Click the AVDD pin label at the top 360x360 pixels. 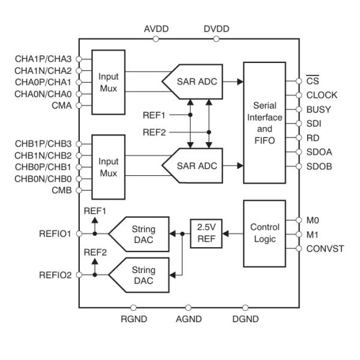(x=156, y=29)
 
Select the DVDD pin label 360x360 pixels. (x=216, y=29)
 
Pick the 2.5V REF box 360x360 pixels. (x=206, y=233)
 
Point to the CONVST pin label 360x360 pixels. (x=325, y=248)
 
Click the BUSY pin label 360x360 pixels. (x=317, y=109)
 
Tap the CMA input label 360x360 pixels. (x=62, y=106)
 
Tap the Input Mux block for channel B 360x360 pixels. (x=109, y=167)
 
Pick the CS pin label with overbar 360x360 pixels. (x=311, y=80)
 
